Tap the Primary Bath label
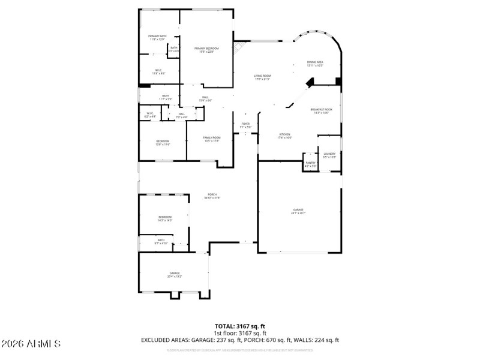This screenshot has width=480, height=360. pyautogui.click(x=158, y=38)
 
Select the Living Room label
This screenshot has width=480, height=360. pyautogui.click(x=262, y=77)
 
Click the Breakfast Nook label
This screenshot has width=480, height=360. pyautogui.click(x=321, y=110)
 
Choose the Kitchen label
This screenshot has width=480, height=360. pyautogui.click(x=284, y=136)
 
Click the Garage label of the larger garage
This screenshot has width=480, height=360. pyautogui.click(x=298, y=211)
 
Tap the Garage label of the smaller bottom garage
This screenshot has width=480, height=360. pyautogui.click(x=175, y=275)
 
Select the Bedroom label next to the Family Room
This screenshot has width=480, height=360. pyautogui.click(x=163, y=142)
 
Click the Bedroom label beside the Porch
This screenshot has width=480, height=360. pyautogui.click(x=165, y=218)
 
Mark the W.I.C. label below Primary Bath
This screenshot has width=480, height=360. pyautogui.click(x=158, y=71)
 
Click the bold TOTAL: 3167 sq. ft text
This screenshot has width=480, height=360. pyautogui.click(x=239, y=326)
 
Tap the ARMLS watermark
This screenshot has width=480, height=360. pyautogui.click(x=31, y=344)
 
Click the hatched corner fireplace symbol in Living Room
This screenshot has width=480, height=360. pyautogui.click(x=240, y=46)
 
